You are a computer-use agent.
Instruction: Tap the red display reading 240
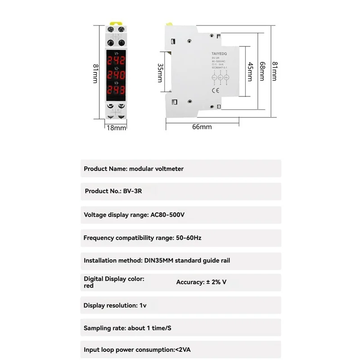click(x=116, y=75)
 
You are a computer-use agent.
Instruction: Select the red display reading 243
click(x=116, y=90)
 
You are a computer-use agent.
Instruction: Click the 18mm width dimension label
click(x=116, y=128)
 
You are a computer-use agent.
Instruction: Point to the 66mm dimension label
click(x=202, y=127)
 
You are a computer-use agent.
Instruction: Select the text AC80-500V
click(x=167, y=215)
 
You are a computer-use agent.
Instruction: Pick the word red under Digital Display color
click(x=89, y=286)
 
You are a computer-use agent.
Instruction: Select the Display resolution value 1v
click(x=143, y=306)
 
